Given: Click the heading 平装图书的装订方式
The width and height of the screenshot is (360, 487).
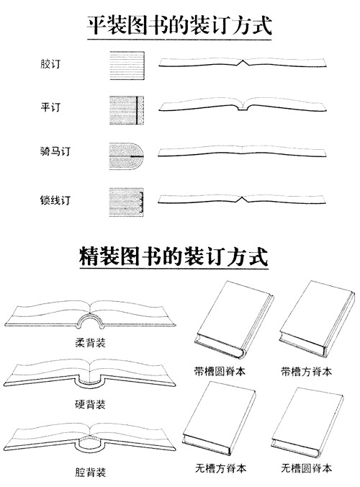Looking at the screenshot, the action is tap(179, 24).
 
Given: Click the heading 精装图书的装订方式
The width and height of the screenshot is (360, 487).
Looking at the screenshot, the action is tap(174, 256).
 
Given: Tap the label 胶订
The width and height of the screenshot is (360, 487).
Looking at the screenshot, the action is tap(50, 64).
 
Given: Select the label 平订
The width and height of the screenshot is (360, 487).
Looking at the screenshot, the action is tap(50, 107).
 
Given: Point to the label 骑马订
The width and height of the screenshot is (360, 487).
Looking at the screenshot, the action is tap(55, 151).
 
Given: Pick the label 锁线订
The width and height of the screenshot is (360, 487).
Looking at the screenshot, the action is tap(55, 200).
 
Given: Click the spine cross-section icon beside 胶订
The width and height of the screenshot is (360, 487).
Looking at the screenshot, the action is tap(127, 66).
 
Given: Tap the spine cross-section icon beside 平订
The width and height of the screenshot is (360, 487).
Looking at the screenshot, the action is tap(127, 110).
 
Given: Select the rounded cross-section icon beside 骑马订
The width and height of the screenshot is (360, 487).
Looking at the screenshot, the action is tap(126, 156).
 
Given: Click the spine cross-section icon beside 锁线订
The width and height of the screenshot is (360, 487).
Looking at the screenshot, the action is tap(126, 202).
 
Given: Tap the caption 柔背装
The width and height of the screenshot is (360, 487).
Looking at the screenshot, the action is tap(90, 343).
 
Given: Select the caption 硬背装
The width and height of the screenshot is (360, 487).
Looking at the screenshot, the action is tap(90, 404).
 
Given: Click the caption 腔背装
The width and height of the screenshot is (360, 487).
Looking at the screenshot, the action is tap(90, 472).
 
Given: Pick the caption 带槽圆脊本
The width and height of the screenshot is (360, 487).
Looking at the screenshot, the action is tap(220, 372).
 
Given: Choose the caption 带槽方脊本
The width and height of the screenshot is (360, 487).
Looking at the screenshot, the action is tap(307, 372).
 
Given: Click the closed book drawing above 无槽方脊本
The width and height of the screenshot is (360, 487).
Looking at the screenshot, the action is tap(219, 418).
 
